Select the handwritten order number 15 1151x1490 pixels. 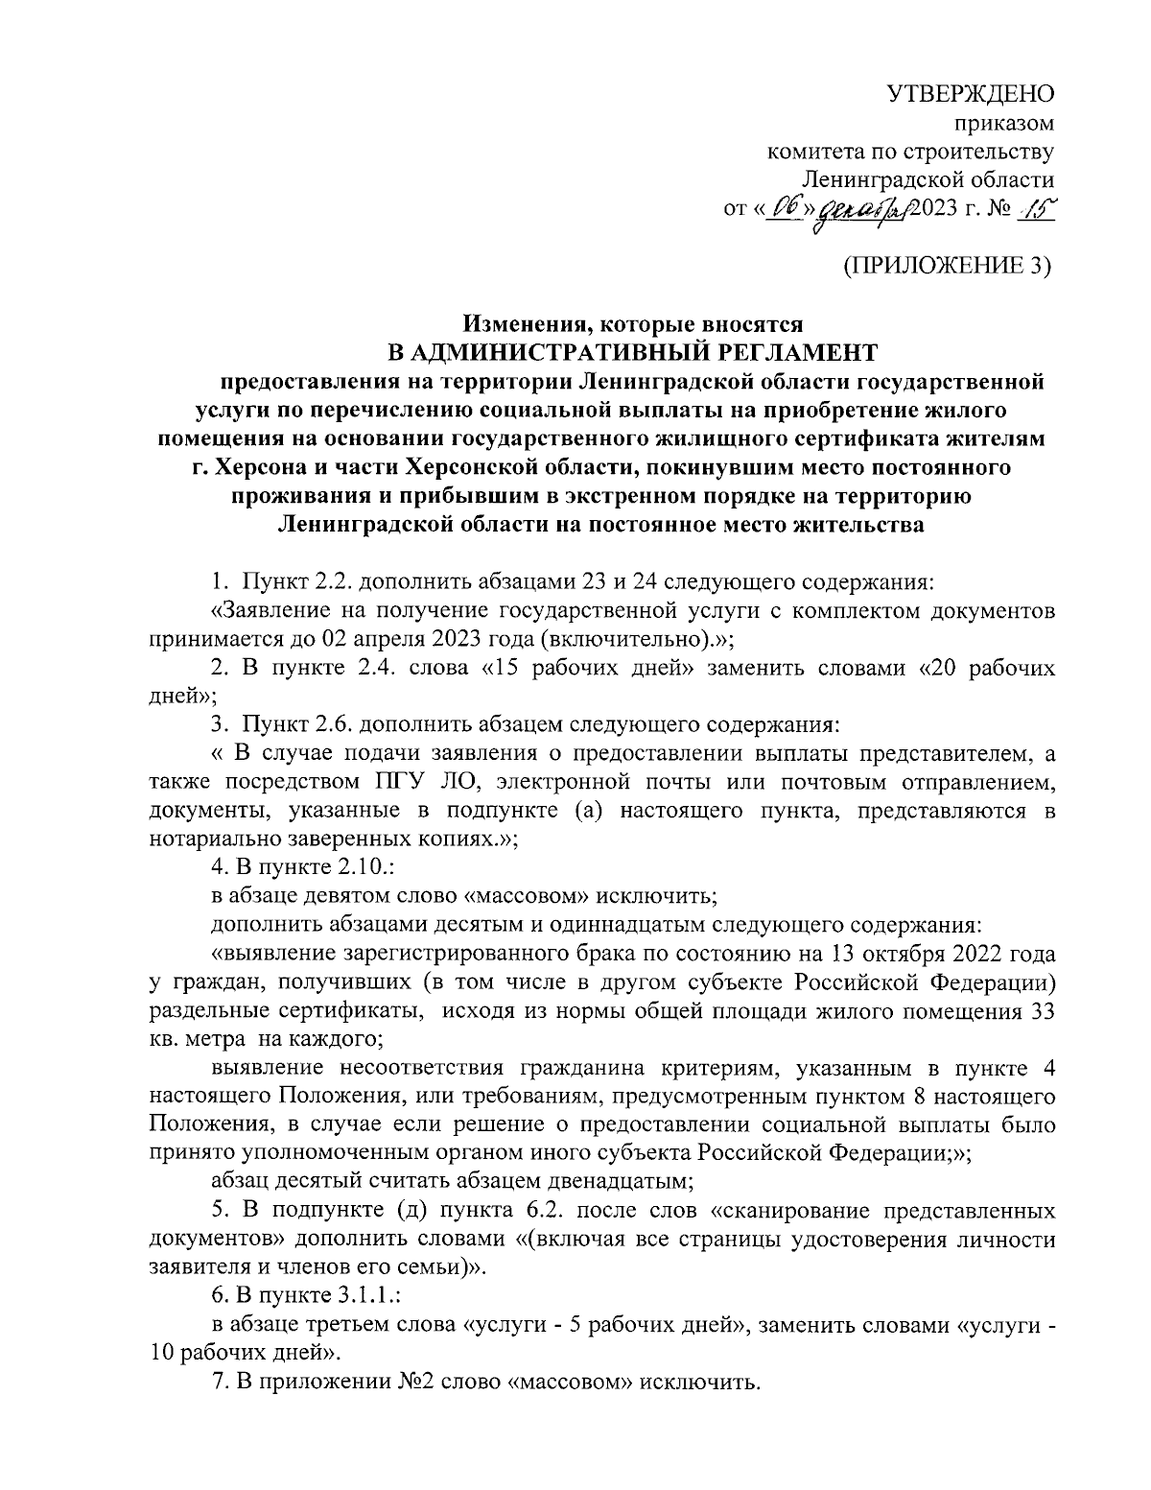[1034, 208]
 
